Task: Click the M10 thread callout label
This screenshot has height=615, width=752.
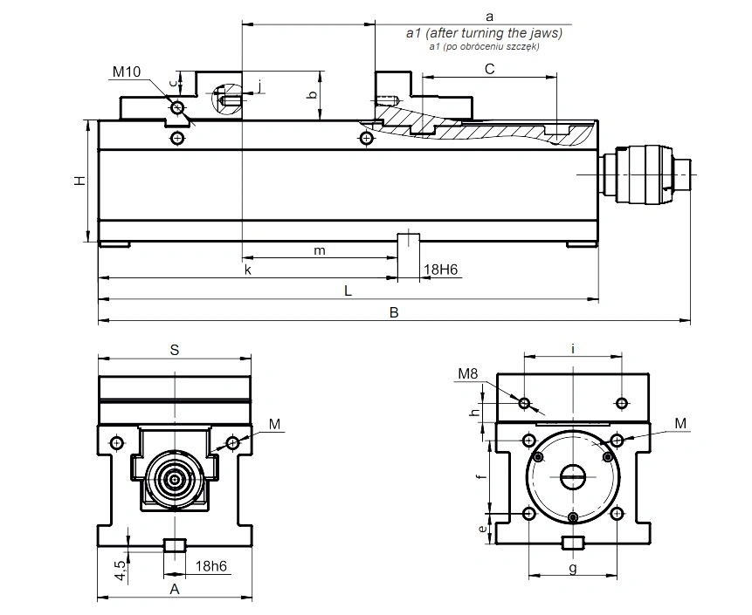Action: pyautogui.click(x=127, y=72)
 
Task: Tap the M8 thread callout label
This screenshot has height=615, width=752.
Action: pyautogui.click(x=468, y=373)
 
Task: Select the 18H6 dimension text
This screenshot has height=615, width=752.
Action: pyautogui.click(x=441, y=270)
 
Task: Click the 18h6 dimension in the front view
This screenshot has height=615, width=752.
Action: pyautogui.click(x=211, y=566)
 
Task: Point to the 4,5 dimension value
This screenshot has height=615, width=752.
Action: pyautogui.click(x=121, y=570)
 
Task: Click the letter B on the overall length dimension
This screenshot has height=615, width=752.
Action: pyautogui.click(x=394, y=313)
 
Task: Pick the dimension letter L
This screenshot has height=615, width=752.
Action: pyautogui.click(x=348, y=290)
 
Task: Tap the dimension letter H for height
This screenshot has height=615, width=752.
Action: pyautogui.click(x=79, y=181)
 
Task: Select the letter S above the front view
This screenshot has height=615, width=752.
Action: pyautogui.click(x=175, y=350)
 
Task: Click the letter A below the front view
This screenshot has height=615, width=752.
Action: pyautogui.click(x=175, y=589)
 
